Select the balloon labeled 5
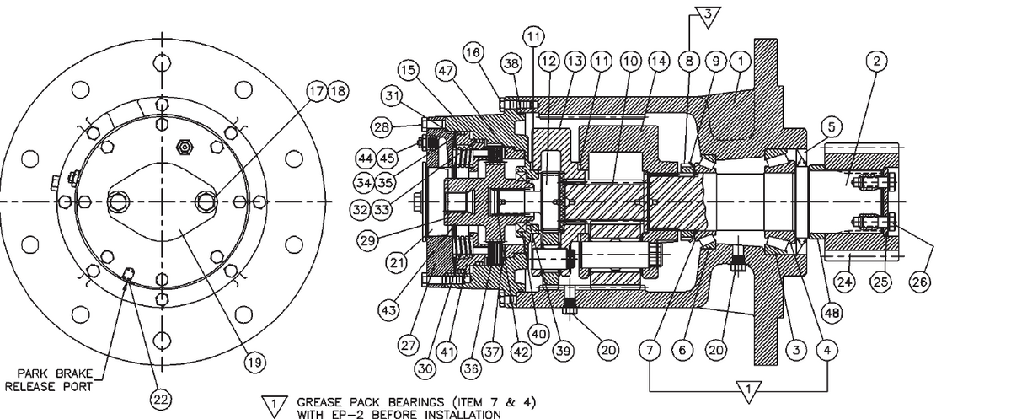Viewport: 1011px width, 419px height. click(x=830, y=126)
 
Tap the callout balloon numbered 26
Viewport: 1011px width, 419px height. click(x=919, y=282)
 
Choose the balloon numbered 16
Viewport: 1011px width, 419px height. click(x=473, y=52)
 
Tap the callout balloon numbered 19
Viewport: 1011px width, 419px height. click(x=252, y=363)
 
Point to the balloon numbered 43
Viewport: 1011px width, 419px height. click(x=388, y=310)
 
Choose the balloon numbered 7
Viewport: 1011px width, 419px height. click(x=650, y=349)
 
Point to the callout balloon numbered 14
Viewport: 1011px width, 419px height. click(x=658, y=61)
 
